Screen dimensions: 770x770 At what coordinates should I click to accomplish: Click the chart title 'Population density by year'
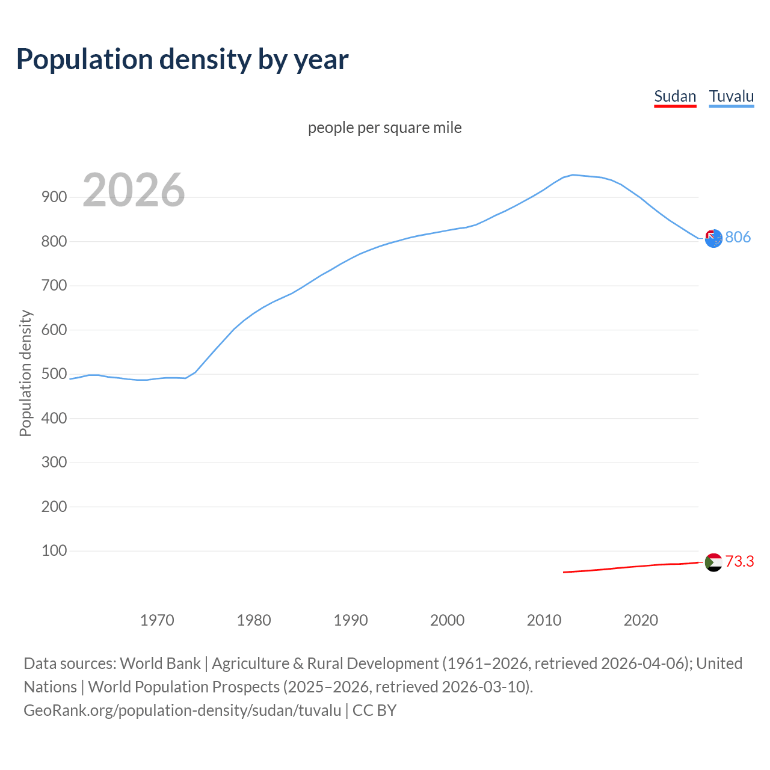point(182,60)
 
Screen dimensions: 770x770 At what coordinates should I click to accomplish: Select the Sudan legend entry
point(675,96)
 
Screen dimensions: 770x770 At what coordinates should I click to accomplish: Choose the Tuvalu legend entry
point(731,96)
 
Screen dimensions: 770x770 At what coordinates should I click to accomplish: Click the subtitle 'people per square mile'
point(385,128)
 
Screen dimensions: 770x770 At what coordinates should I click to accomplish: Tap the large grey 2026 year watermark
point(134,190)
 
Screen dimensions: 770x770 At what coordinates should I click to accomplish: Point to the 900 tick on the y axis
point(54,197)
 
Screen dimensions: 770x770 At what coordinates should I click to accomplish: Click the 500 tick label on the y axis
point(54,374)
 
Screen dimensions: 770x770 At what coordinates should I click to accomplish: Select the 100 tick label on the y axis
point(54,550)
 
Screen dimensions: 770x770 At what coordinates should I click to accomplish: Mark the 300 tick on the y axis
point(54,462)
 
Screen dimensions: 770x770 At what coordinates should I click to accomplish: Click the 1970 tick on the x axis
point(157,620)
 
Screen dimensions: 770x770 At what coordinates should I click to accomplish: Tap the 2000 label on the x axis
point(447,620)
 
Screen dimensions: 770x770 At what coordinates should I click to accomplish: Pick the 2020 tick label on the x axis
point(641,620)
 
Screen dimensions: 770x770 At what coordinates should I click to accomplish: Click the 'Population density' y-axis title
point(25,373)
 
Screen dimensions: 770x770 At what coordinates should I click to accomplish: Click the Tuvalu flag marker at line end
point(713,239)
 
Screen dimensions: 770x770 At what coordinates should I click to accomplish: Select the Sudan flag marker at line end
point(713,562)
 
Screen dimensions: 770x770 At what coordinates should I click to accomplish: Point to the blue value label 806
point(738,237)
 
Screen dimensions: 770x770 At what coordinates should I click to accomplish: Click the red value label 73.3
point(739,561)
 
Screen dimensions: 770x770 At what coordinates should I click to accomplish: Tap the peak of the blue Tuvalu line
point(573,175)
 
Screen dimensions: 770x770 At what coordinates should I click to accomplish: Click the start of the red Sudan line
point(564,572)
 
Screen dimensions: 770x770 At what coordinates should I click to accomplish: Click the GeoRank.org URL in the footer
point(182,710)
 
